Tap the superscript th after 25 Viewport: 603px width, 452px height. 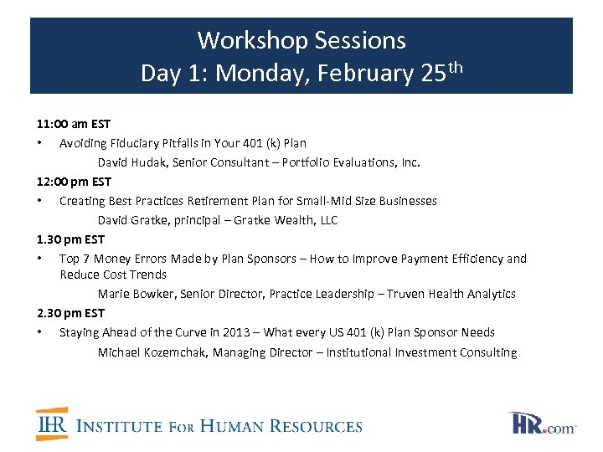coord(455,66)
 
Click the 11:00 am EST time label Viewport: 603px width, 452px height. coord(74,124)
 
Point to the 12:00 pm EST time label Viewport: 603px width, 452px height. coord(75,182)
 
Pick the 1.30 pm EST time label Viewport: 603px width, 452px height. coord(71,239)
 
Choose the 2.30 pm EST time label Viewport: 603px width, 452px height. coord(71,313)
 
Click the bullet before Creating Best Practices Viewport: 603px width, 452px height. coord(40,201)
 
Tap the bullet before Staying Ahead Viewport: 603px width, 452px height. coord(40,332)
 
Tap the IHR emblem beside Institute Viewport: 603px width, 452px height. coord(52,424)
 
